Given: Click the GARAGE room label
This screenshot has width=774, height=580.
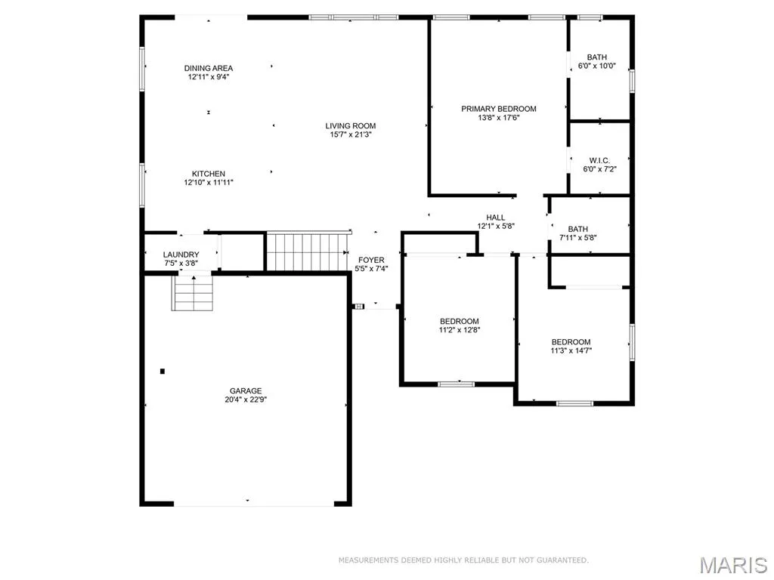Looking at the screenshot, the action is click(246, 391).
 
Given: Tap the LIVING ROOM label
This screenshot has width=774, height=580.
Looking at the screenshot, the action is click(351, 126).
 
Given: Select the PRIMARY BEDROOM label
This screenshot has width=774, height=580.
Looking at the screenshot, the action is click(499, 109).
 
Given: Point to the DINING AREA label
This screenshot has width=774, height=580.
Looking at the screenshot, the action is click(209, 68).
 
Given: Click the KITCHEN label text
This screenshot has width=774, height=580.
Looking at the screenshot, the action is click(209, 174).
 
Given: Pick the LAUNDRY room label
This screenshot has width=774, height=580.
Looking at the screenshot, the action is click(181, 255).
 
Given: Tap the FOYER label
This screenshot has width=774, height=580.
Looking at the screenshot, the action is click(371, 260).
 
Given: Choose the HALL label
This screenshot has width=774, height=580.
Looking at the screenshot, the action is click(496, 217).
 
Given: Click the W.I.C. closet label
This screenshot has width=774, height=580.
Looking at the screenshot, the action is click(599, 160).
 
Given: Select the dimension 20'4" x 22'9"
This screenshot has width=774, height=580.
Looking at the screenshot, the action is click(246, 400).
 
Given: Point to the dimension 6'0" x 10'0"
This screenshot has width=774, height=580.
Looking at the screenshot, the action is click(597, 66).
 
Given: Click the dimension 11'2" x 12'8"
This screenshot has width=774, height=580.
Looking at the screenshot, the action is click(460, 330).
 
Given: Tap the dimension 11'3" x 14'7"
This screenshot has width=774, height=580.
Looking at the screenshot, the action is click(571, 350).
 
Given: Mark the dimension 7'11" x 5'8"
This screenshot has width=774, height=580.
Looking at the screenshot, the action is click(578, 237).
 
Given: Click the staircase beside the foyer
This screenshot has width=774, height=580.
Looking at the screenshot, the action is click(307, 252).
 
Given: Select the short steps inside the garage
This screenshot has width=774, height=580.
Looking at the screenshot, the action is click(193, 293).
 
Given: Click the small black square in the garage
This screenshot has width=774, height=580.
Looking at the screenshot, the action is click(163, 371).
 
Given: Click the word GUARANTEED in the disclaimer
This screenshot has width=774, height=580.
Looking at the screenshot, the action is click(562, 560).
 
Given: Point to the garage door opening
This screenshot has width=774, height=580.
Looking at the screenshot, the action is click(254, 504).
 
